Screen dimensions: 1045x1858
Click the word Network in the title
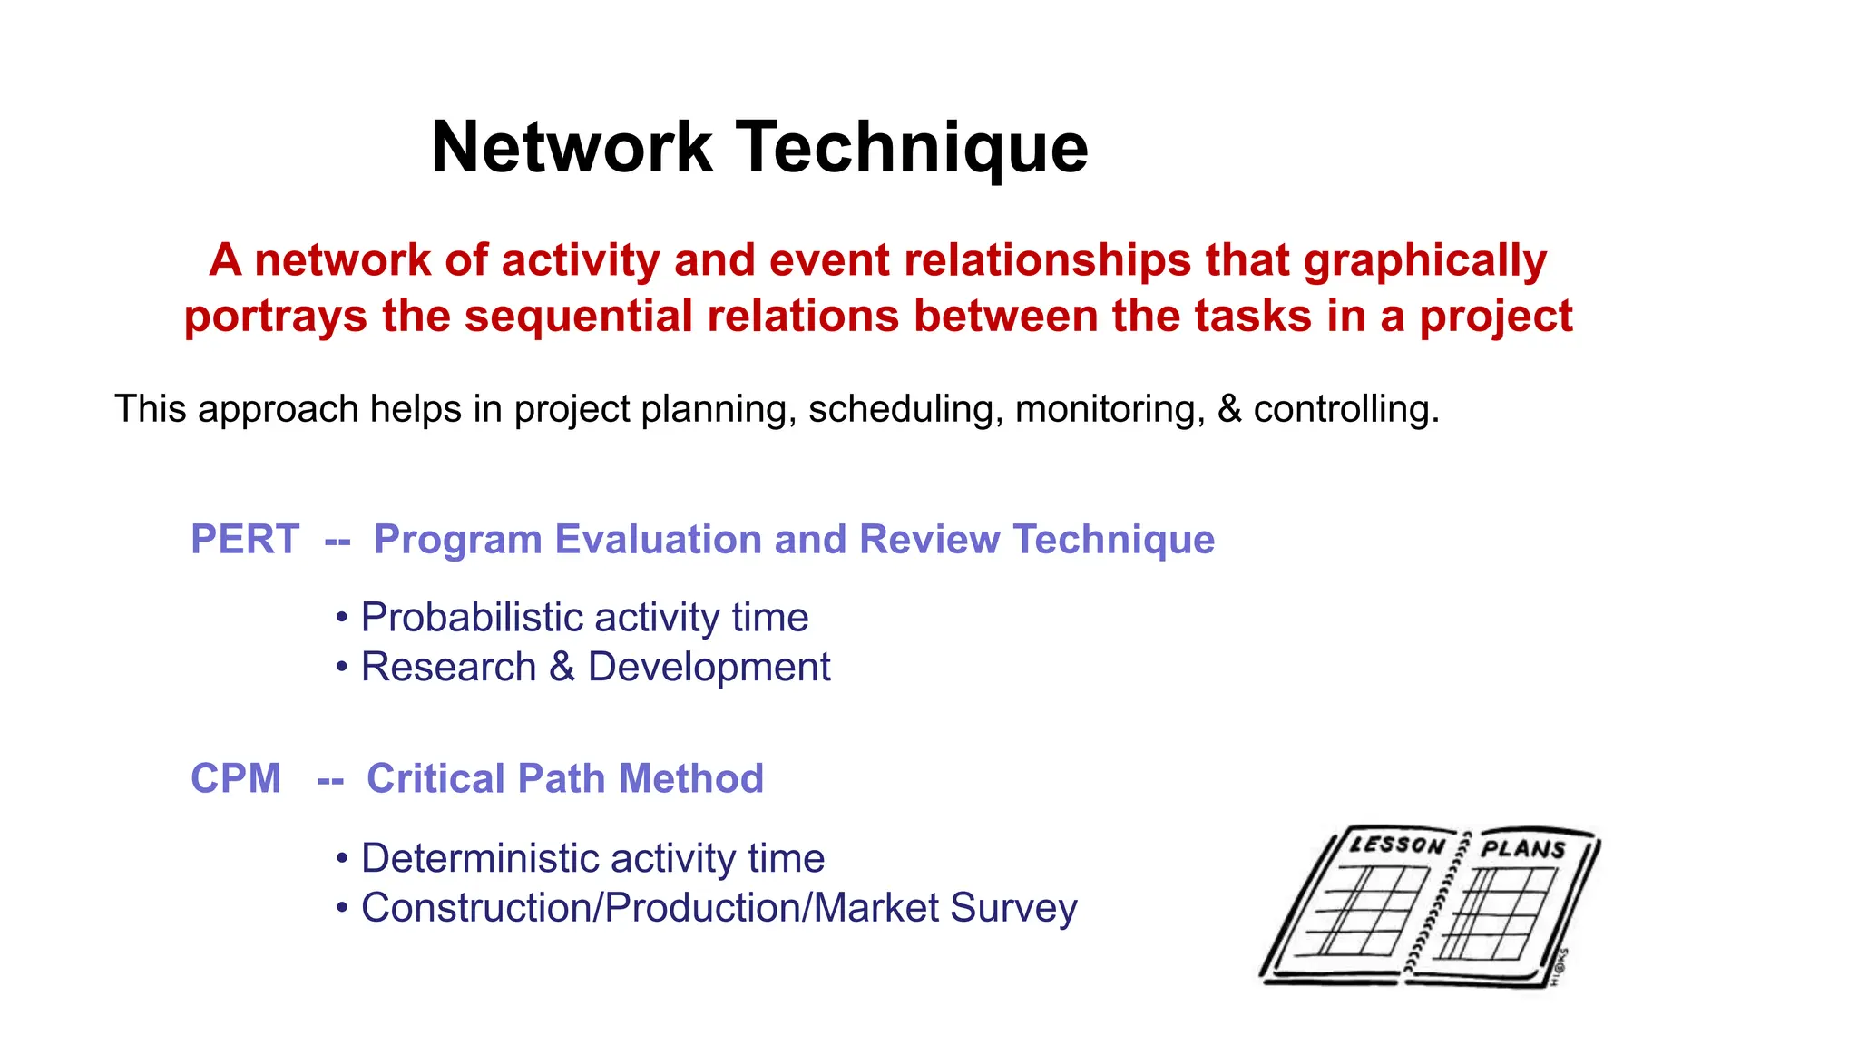(x=572, y=148)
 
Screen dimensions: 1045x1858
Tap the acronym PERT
(x=244, y=540)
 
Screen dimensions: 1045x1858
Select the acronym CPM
(x=236, y=779)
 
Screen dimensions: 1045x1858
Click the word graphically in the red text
(x=1424, y=261)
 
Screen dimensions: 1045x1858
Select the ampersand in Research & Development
(x=562, y=667)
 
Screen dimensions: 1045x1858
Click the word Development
(x=709, y=667)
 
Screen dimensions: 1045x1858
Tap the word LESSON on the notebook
(x=1396, y=845)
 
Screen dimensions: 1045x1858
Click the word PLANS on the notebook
(x=1523, y=849)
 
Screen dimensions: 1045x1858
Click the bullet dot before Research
(x=342, y=668)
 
